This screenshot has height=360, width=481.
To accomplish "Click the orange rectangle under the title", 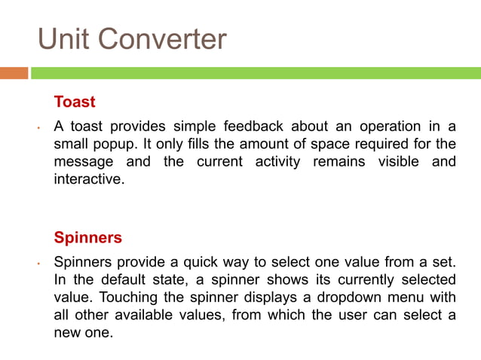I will click(14, 73).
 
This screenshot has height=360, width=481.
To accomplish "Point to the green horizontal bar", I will click(256, 73).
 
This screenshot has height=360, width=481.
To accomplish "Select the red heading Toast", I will click(75, 101).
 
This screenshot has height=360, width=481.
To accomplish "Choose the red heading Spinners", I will click(88, 237).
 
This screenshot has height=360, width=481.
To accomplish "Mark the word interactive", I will click(87, 181).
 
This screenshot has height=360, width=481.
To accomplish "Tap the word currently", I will click(366, 279).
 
